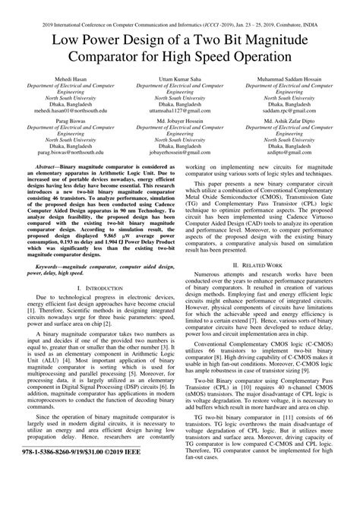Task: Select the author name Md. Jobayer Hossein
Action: point(180,120)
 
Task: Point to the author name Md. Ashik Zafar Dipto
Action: point(289,120)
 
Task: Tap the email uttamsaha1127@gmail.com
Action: point(180,110)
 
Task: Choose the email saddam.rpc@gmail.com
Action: point(289,110)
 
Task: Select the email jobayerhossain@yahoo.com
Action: point(180,153)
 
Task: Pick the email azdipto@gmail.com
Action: point(289,153)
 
